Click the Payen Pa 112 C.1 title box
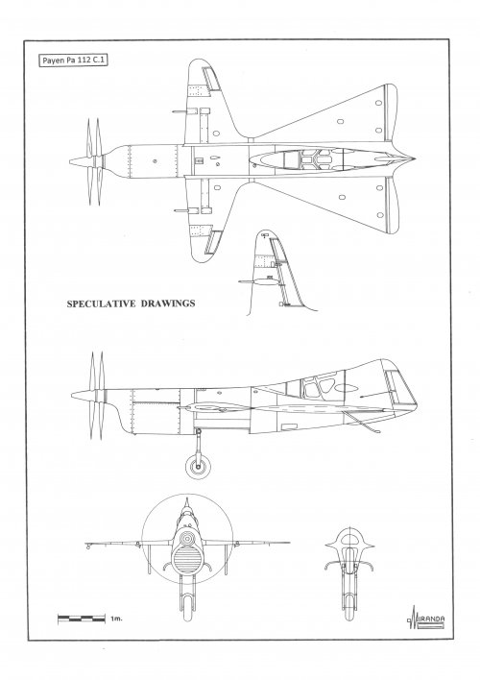[73, 61]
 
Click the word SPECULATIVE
[102, 304]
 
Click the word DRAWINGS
[168, 304]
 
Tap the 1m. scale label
[116, 619]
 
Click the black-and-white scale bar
[82, 619]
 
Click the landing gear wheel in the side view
[198, 467]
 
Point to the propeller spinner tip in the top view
[71, 161]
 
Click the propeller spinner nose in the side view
[73, 395]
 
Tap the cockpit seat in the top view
[315, 159]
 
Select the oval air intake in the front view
[187, 559]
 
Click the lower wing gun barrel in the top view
[182, 210]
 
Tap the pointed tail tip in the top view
[414, 159]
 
